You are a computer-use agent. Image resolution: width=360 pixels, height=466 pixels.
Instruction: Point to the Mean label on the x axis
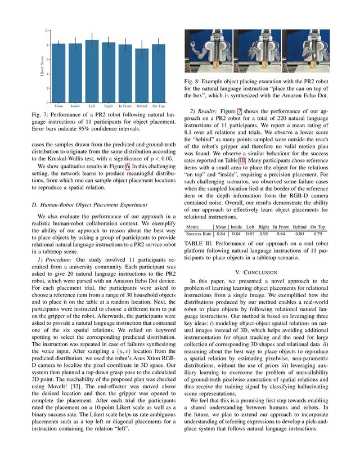[x=58, y=106]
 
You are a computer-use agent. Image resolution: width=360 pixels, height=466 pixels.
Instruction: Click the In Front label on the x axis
[x=125, y=106]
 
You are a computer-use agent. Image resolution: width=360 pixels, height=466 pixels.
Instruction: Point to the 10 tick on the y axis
[x=47, y=30]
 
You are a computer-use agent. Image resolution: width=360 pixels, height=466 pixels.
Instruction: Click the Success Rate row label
[x=199, y=232]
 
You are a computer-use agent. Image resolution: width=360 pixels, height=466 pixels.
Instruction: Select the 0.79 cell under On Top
[x=317, y=232]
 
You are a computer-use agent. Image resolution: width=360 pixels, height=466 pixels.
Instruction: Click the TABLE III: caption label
[x=200, y=243]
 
